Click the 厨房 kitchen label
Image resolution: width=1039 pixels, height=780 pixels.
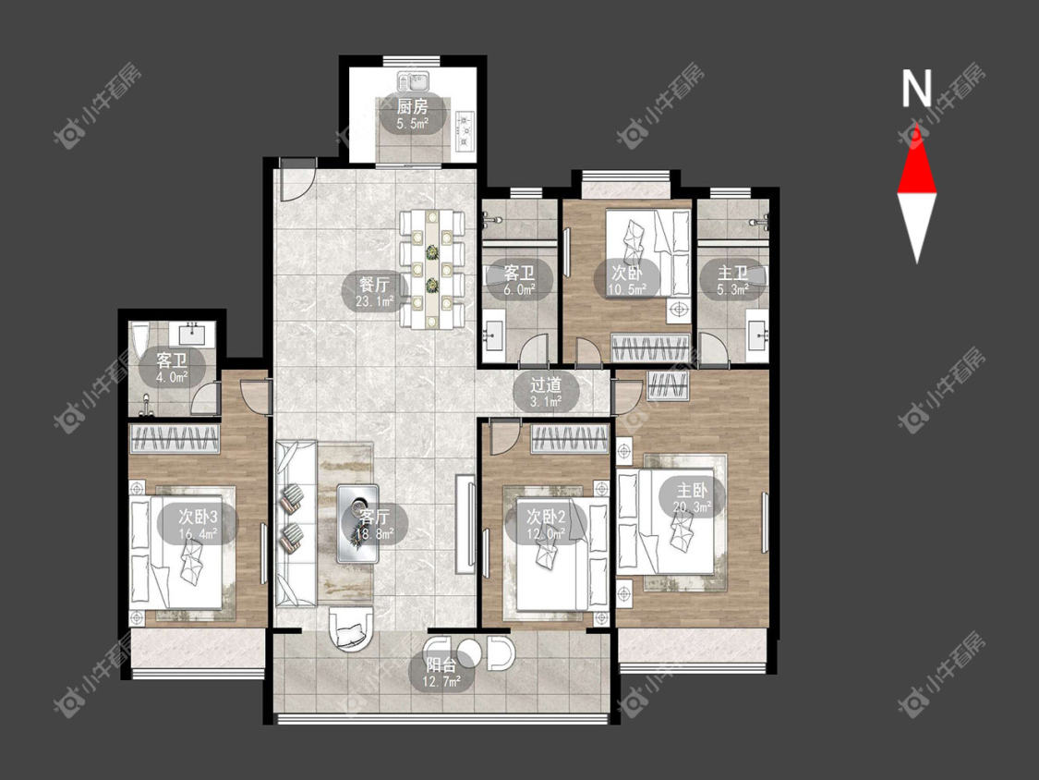(412, 114)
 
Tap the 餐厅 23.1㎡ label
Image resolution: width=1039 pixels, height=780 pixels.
(374, 293)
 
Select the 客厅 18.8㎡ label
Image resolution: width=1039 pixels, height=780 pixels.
(374, 524)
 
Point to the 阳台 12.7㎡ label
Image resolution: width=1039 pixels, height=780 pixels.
(441, 672)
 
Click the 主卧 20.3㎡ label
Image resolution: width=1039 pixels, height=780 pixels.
(693, 499)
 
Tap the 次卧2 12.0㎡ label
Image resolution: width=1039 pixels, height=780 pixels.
(545, 524)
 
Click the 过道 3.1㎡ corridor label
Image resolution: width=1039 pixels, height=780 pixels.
(546, 392)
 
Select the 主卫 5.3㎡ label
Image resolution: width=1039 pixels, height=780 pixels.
(733, 281)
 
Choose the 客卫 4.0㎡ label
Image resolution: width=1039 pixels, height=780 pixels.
(172, 369)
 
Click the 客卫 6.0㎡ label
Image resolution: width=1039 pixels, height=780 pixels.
(519, 281)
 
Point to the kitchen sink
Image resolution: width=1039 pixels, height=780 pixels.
(414, 81)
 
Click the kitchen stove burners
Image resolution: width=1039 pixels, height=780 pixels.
(465, 130)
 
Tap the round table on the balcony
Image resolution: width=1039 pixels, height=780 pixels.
(470, 652)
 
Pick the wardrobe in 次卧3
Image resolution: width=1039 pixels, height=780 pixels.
(175, 438)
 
